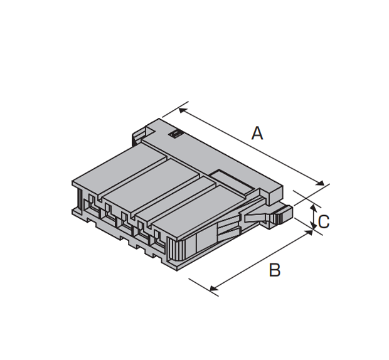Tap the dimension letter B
click(275, 270)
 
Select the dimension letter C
click(324, 221)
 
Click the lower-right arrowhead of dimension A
click(321, 183)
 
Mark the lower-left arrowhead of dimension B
click(213, 288)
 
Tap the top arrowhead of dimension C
click(314, 208)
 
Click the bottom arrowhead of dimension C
click(314, 225)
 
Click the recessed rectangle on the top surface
click(232, 181)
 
